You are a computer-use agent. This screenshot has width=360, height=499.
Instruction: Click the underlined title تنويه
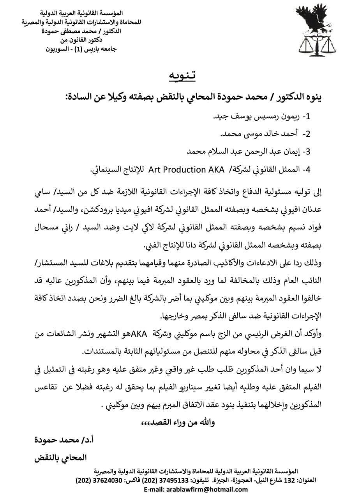[182, 76]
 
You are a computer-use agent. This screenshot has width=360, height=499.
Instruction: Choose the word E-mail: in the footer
[157, 489]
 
